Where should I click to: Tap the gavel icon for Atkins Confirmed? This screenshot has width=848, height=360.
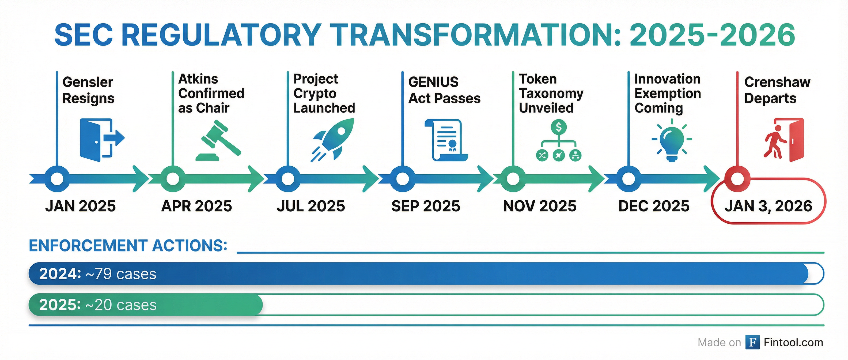(218, 140)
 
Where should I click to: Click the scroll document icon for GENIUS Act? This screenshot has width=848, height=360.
(446, 140)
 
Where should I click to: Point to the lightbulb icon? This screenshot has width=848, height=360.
(672, 140)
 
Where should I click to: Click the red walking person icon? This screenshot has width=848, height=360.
(775, 142)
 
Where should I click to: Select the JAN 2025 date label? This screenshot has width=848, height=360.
(81, 206)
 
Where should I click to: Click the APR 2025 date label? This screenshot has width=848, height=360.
(196, 206)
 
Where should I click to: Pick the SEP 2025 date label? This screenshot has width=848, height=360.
(426, 206)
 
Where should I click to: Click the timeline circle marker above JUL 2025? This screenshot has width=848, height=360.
(288, 179)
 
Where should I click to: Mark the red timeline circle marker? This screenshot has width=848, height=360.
(737, 179)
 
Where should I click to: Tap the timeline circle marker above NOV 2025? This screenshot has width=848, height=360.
(513, 179)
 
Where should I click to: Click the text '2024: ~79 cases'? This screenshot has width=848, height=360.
(98, 274)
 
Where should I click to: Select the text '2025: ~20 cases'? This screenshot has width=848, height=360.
(98, 305)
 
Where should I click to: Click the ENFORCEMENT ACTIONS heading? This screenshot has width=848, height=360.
(128, 246)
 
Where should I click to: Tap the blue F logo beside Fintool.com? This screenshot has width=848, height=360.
(752, 342)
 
